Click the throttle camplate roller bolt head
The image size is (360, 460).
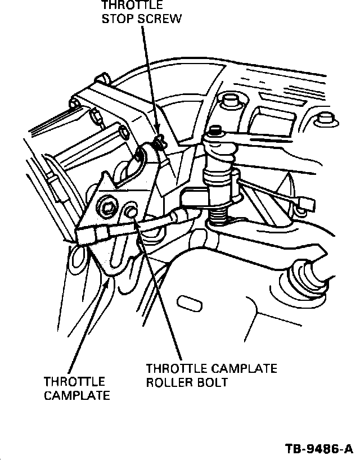(130, 212)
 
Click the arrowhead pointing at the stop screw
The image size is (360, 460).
(157, 135)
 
